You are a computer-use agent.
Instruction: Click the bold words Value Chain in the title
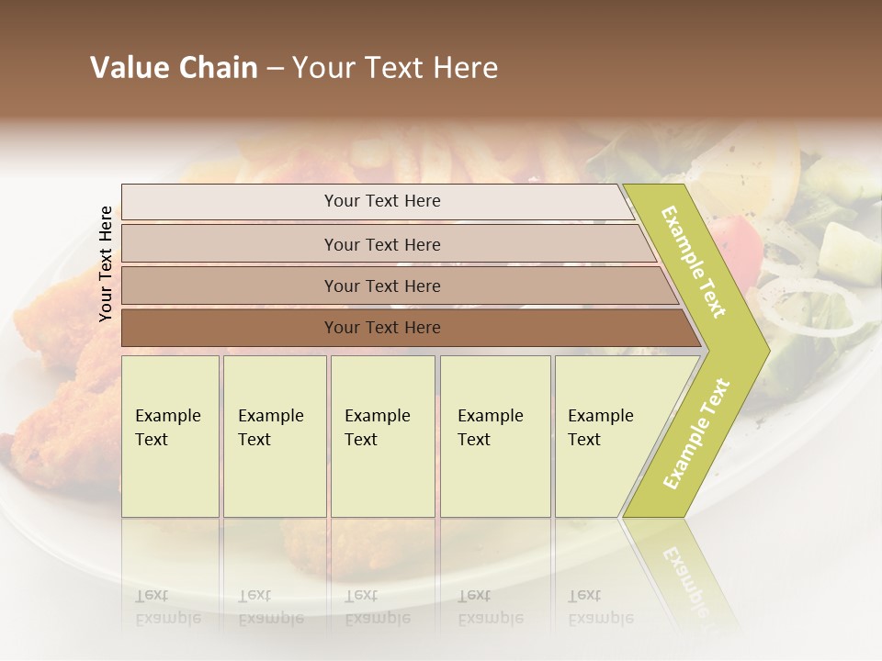[x=174, y=68]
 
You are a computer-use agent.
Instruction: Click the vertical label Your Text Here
[x=106, y=263]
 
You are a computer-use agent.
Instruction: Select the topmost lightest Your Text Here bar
[x=381, y=201]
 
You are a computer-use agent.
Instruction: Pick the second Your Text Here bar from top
[x=381, y=244]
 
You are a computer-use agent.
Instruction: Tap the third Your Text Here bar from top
[x=381, y=286]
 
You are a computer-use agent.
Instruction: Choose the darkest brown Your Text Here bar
[x=381, y=328]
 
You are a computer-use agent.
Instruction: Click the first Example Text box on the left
[x=170, y=436]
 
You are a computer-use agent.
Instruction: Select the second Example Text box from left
[x=274, y=436]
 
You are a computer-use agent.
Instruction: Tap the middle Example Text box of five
[x=381, y=436]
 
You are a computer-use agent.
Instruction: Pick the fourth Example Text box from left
[x=494, y=436]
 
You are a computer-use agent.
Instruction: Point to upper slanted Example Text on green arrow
[x=694, y=262]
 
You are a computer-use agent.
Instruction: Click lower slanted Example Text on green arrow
[x=696, y=433]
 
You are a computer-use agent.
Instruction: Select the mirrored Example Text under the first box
[x=168, y=607]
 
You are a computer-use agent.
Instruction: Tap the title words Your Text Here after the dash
[x=395, y=68]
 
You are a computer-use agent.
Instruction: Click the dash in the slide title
[x=275, y=69]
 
